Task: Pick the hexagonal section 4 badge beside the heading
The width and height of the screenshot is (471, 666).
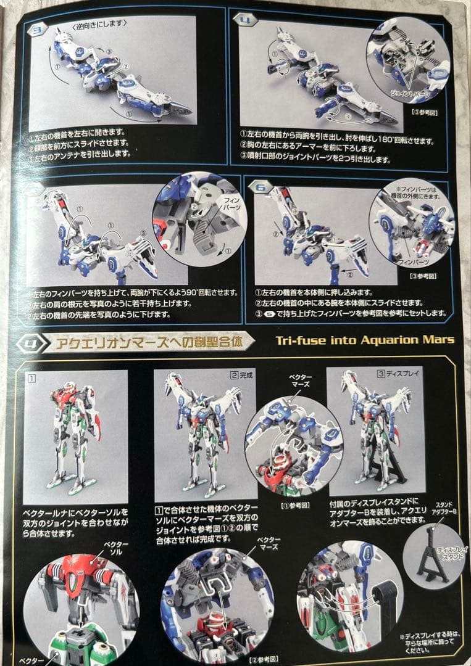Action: click(33, 342)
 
